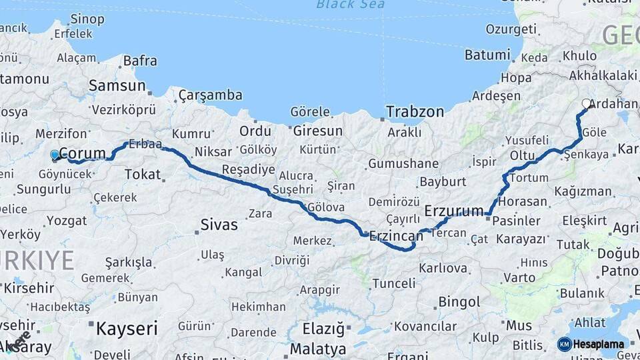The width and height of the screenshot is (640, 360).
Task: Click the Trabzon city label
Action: pyautogui.click(x=415, y=111)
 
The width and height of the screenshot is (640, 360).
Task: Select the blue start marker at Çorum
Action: pyautogui.click(x=55, y=155)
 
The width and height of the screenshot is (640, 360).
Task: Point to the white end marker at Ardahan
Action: pyautogui.click(x=587, y=103)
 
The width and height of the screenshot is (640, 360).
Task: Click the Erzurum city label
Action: pyautogui.click(x=453, y=211)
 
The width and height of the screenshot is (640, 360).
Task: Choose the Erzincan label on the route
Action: pyautogui.click(x=396, y=237)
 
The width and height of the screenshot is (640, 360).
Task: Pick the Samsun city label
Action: pyautogui.click(x=117, y=85)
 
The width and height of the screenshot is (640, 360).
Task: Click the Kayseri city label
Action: pyautogui.click(x=127, y=328)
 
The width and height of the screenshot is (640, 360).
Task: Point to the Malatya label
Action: pyautogui.click(x=318, y=349)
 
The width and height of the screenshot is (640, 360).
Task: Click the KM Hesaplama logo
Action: pyautogui.click(x=592, y=344)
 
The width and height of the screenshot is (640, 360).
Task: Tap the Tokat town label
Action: pyautogui.click(x=142, y=175)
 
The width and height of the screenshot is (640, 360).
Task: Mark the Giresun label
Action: pyautogui.click(x=317, y=131)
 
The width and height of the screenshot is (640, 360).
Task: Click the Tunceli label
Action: pyautogui.click(x=393, y=283)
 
